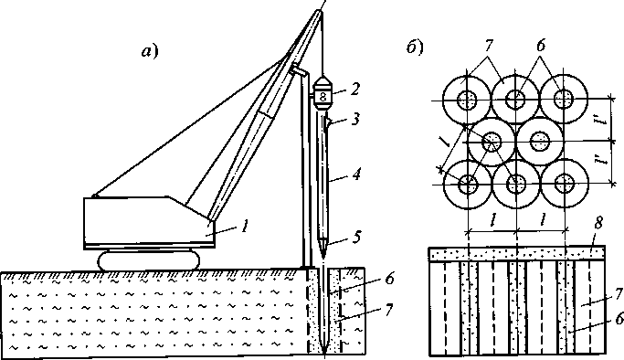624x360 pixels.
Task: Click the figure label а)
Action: click(150, 51)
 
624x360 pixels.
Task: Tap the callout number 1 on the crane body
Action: click(245, 227)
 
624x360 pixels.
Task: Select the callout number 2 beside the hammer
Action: click(354, 89)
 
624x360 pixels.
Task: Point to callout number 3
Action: click(355, 119)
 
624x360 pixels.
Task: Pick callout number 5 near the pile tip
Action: click(356, 237)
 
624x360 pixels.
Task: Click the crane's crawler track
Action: click(149, 261)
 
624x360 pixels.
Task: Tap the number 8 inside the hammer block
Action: click(323, 97)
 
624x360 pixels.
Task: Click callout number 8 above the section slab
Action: click(598, 224)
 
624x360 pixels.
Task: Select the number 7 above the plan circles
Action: click(488, 47)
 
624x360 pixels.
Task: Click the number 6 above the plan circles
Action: click(540, 47)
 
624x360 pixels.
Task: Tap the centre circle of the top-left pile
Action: click(467, 100)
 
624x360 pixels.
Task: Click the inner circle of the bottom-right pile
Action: click(565, 184)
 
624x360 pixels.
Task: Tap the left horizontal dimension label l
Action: click(493, 220)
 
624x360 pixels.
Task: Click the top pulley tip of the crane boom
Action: click(322, 11)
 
